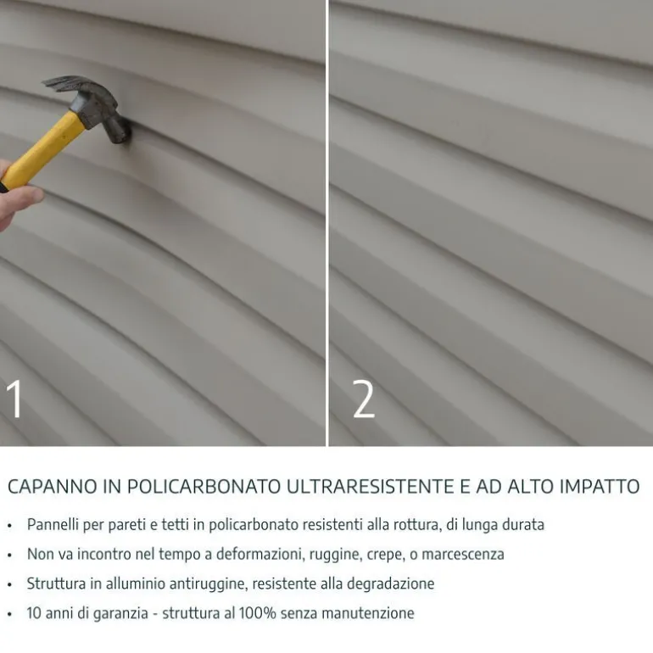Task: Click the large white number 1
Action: point(14,399)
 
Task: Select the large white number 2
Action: point(364,399)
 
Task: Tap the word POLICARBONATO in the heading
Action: point(204,487)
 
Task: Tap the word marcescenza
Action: point(463,555)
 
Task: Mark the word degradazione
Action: point(391,584)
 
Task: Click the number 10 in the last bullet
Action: point(34,613)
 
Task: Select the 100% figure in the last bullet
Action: point(257,613)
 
